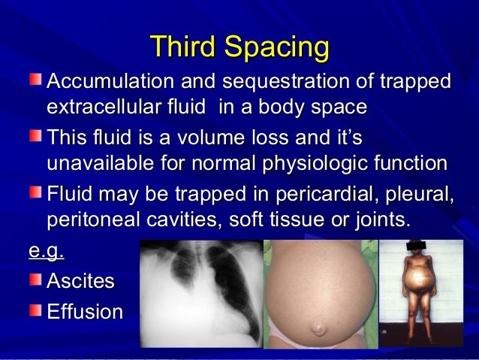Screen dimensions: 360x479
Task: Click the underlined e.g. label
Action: [46, 252]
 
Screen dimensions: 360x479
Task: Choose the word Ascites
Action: [81, 281]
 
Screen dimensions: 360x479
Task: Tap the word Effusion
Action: [85, 311]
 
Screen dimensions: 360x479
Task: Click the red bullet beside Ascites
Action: [36, 280]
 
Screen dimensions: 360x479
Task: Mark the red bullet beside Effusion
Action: [36, 310]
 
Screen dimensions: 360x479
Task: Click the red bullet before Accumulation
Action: [36, 79]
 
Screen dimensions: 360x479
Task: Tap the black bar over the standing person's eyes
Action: [420, 246]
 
